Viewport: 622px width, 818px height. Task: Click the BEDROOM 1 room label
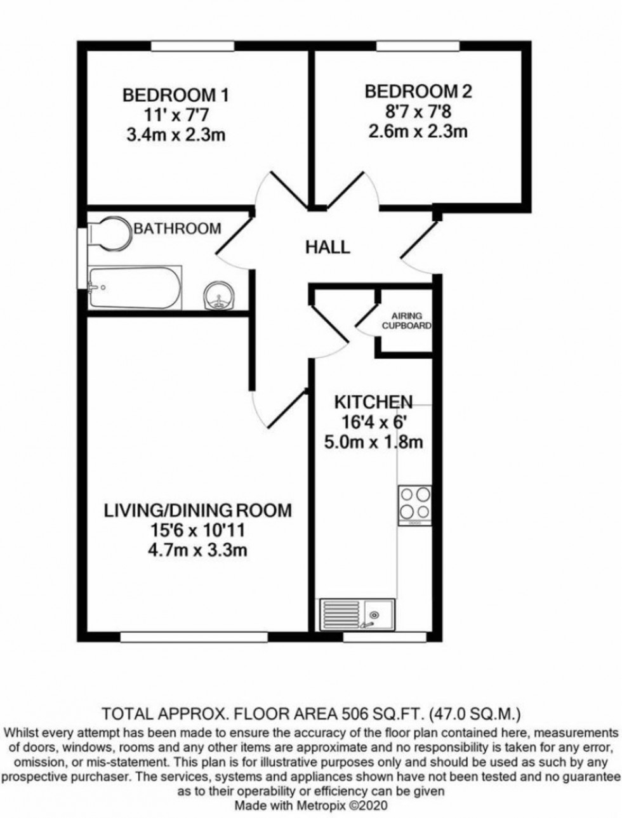175,96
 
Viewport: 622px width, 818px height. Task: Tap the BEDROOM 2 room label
418,92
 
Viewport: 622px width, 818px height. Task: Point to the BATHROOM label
177,228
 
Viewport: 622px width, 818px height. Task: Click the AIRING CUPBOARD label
406,321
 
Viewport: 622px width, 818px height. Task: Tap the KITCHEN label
373,402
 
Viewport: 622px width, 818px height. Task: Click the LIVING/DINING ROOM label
198,510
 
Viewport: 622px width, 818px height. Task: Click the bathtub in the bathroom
135,286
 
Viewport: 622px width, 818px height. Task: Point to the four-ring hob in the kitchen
414,505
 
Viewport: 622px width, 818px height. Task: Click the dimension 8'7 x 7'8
418,112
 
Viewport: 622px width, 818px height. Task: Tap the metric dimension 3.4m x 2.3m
175,135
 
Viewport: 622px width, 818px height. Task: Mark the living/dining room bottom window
193,636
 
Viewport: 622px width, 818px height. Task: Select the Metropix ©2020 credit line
310,805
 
